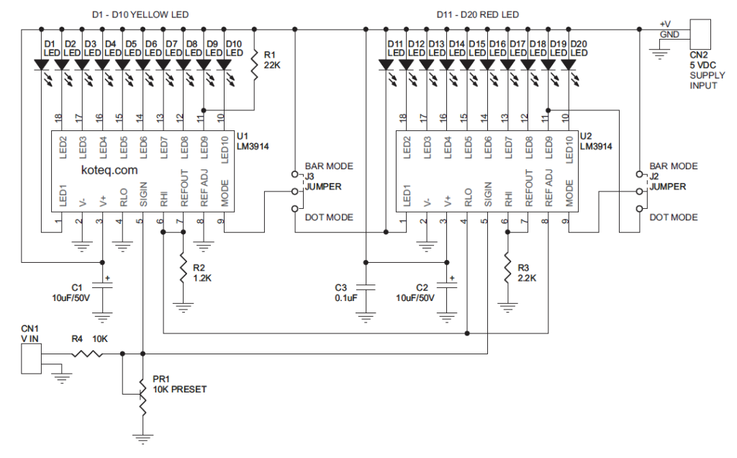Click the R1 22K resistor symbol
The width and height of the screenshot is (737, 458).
(x=255, y=65)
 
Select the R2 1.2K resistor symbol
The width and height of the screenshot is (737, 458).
(x=184, y=269)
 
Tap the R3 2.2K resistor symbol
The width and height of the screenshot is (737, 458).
(x=507, y=269)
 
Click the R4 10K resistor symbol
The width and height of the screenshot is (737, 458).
(x=87, y=353)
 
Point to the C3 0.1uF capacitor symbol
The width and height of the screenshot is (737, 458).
(x=366, y=287)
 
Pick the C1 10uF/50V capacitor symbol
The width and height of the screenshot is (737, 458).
(x=103, y=284)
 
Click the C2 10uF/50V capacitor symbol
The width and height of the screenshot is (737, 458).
(x=447, y=284)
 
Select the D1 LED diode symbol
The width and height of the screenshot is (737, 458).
(x=41, y=64)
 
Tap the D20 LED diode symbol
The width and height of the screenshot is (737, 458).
(x=569, y=64)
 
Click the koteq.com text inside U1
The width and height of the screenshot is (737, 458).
(x=109, y=170)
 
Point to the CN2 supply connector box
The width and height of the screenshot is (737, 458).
(x=700, y=34)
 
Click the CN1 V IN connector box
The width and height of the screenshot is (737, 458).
(x=31, y=359)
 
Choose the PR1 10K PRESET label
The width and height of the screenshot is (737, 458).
(x=179, y=384)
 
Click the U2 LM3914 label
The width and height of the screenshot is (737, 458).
(x=596, y=141)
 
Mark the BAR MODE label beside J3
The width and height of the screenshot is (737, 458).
(x=329, y=166)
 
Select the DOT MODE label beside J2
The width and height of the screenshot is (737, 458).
(x=674, y=217)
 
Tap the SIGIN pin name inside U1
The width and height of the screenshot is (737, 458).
(x=143, y=194)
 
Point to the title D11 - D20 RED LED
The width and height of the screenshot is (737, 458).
(x=478, y=14)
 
